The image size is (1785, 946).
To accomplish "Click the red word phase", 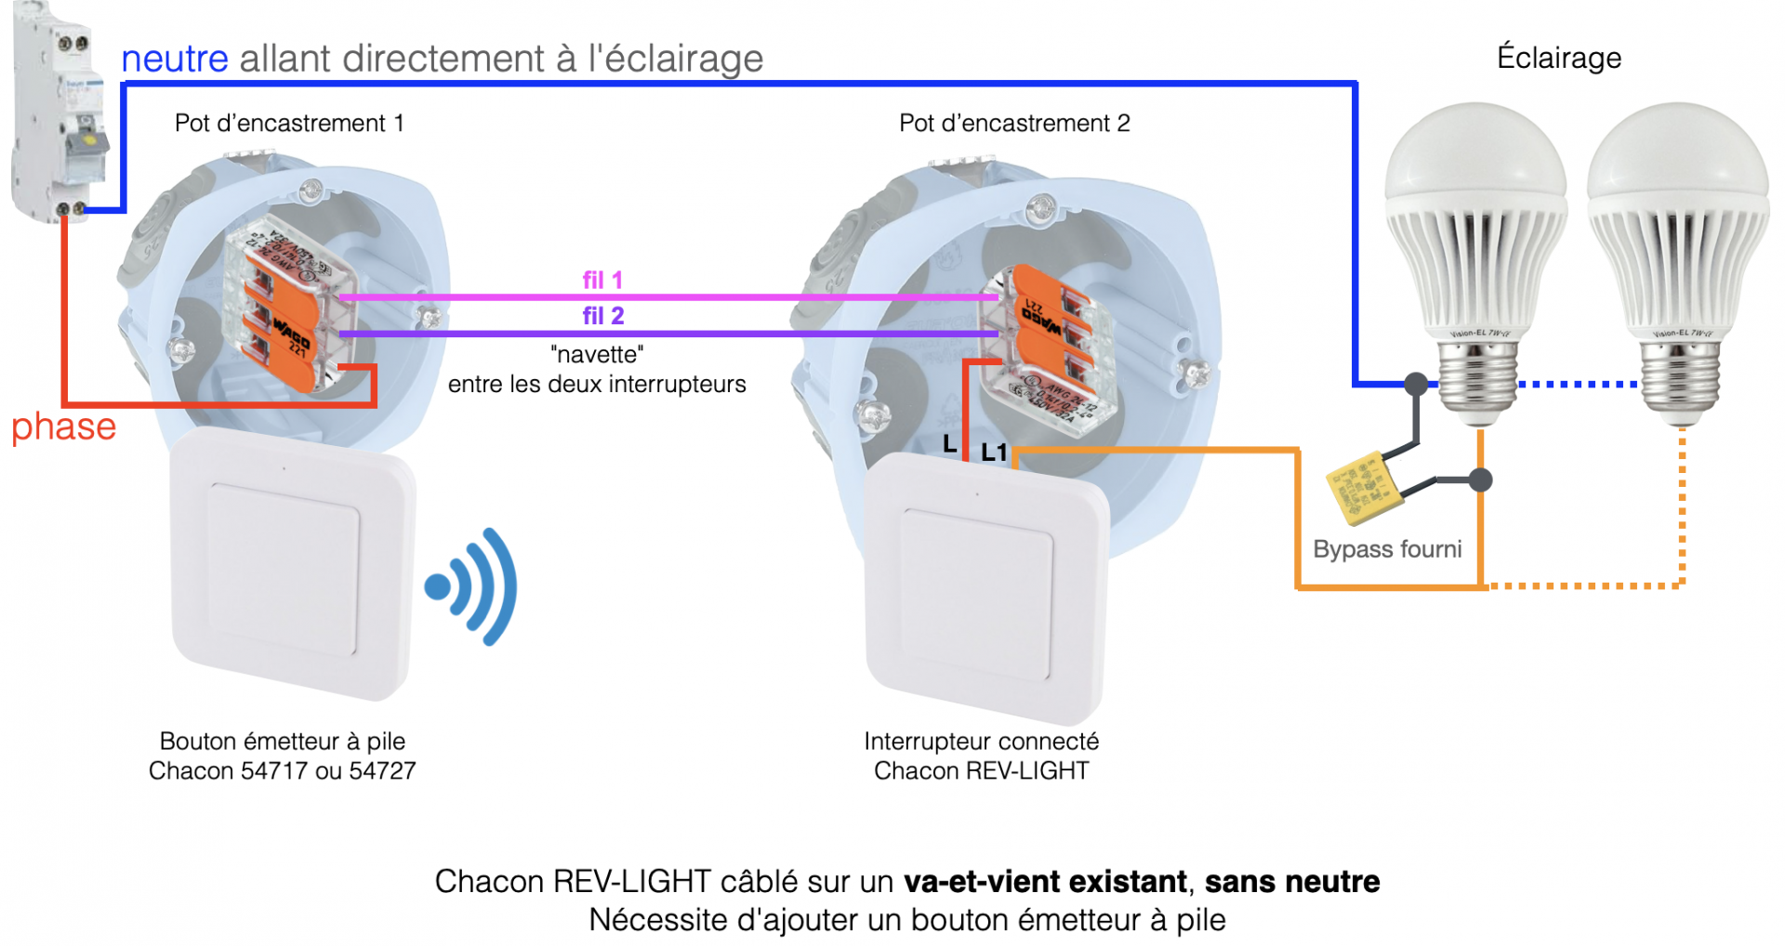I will [x=63, y=427].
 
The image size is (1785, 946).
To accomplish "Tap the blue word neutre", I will [x=175, y=59].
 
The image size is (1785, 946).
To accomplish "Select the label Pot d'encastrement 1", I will [x=289, y=123].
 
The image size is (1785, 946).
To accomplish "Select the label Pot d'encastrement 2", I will [x=1014, y=123].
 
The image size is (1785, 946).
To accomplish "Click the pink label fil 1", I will [x=602, y=280].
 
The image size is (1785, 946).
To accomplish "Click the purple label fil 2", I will [x=602, y=316].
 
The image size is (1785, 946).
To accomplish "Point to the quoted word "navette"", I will [x=597, y=354].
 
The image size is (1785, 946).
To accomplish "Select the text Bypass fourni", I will [x=1387, y=549].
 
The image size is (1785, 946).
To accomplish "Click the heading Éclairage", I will [x=1559, y=58].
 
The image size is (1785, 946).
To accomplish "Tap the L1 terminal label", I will [x=994, y=453].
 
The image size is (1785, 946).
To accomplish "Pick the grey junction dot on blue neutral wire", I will [x=1416, y=383].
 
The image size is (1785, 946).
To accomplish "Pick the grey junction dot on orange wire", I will [x=1481, y=480].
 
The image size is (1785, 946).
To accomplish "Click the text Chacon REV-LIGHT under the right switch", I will [x=981, y=770].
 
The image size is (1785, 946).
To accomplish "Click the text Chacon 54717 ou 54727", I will [x=282, y=770].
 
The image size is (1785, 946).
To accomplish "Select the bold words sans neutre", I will [x=1292, y=881].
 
